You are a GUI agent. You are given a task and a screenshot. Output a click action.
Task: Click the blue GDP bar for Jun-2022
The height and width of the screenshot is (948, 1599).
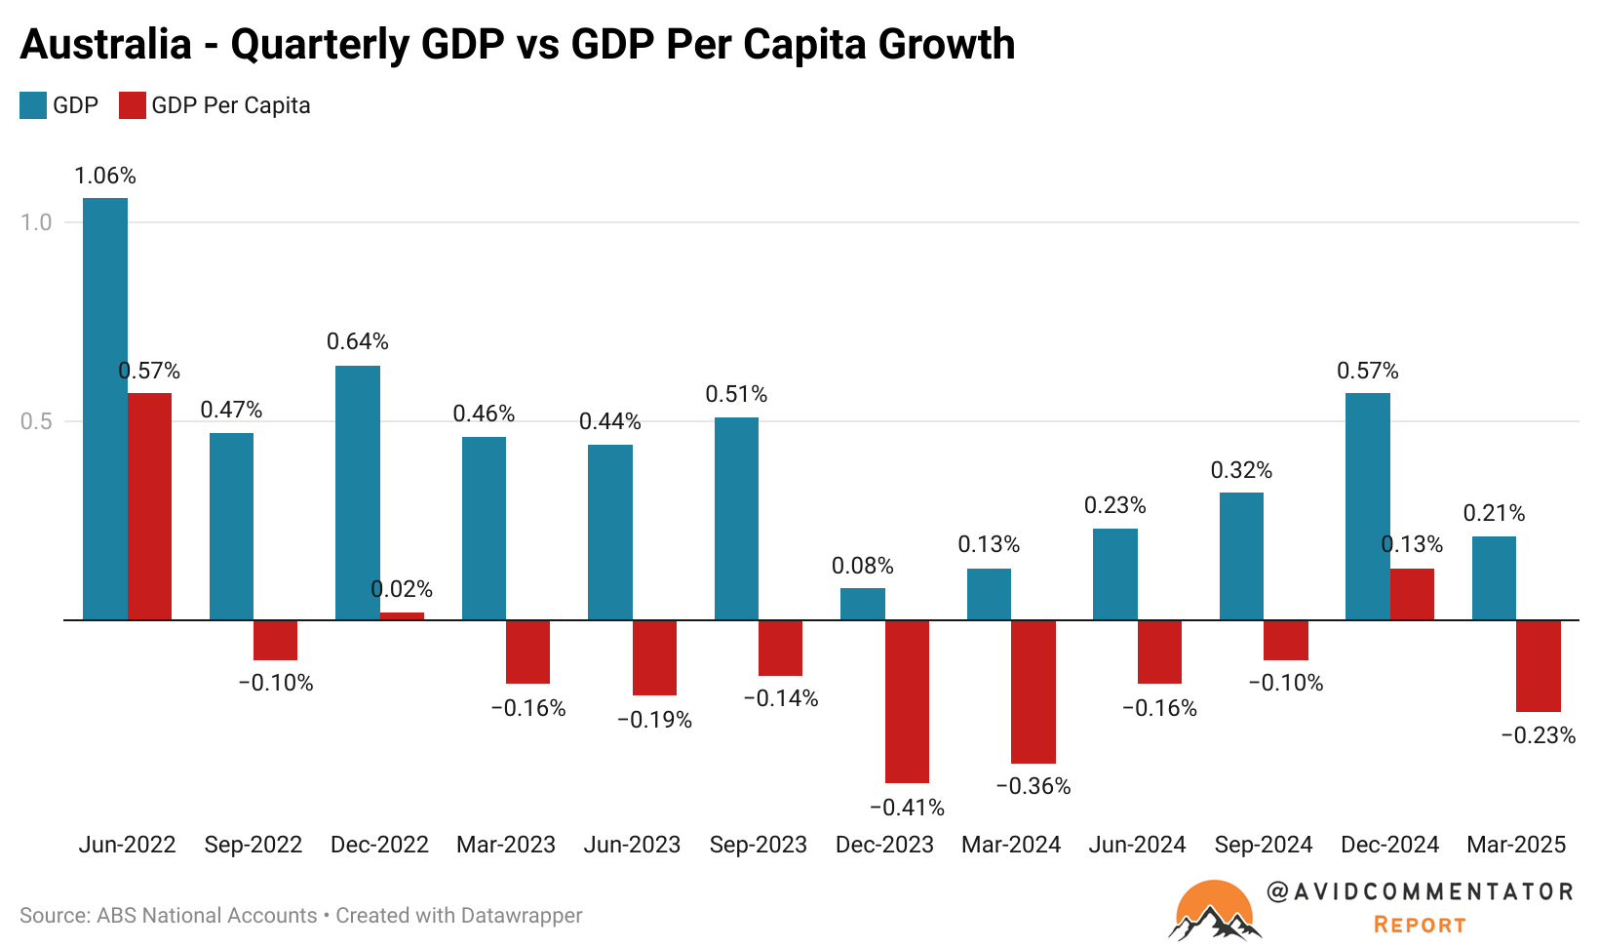[x=105, y=409]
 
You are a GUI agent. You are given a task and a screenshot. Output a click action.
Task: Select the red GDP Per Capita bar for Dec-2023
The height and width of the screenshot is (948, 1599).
[x=907, y=701]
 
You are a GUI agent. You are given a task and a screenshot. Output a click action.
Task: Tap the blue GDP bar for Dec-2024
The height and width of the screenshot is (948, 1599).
[x=1367, y=506]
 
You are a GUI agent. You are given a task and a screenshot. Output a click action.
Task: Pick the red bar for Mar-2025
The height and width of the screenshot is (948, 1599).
[x=1538, y=665]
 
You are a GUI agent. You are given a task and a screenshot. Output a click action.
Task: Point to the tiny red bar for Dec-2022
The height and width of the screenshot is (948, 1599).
[x=402, y=615]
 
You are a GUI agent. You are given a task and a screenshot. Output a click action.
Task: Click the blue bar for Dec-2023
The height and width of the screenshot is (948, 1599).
[x=863, y=604]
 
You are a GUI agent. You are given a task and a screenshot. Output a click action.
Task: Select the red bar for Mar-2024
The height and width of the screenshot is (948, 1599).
[x=1033, y=691]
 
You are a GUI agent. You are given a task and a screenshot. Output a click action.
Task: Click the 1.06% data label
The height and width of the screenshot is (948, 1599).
[x=105, y=176]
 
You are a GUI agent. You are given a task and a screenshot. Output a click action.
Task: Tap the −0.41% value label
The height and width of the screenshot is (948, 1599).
[x=907, y=808]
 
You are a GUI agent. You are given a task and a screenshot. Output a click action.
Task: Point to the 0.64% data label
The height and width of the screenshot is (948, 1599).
[x=358, y=341]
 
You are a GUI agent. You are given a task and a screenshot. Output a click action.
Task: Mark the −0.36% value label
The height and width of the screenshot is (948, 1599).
[x=1033, y=786]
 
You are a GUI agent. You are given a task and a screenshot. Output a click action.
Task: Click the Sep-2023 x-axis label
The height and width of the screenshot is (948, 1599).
[x=759, y=845]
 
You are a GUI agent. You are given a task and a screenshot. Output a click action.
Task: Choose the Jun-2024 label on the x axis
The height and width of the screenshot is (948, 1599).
[x=1137, y=845]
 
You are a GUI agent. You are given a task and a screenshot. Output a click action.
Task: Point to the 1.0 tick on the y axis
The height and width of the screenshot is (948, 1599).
[x=36, y=222]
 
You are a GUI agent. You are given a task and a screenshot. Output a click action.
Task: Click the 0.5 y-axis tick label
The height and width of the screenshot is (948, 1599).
[x=36, y=421]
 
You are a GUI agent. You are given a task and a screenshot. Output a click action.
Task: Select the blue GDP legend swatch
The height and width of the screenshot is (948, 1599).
[x=33, y=105]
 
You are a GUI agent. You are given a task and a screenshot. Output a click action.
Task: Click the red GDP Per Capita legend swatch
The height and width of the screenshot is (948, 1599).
[x=132, y=105]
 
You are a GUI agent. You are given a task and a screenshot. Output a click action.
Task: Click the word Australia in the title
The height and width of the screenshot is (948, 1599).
[x=105, y=45]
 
